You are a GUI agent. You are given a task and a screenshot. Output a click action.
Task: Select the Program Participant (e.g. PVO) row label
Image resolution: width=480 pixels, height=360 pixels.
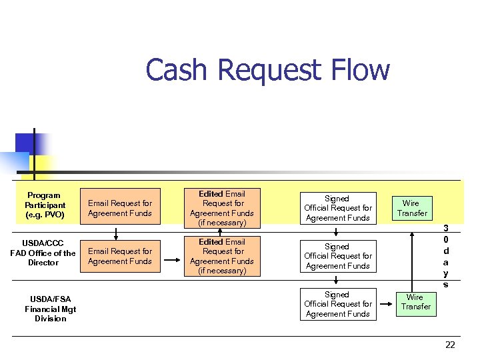45,205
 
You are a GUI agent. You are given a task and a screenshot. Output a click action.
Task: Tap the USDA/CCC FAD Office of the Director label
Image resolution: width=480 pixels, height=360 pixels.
43,253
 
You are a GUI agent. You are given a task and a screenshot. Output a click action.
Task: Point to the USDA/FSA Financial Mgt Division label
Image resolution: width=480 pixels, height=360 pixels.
51,309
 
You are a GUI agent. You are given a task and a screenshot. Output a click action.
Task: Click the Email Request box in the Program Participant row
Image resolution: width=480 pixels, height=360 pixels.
120,208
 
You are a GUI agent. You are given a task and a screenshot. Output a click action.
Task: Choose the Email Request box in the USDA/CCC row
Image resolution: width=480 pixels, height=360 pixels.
120,256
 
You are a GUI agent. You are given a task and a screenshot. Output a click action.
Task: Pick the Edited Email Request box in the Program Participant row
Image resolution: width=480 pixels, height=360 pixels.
222,208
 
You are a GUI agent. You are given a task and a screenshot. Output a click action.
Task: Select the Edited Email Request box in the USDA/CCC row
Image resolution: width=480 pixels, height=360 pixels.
222,256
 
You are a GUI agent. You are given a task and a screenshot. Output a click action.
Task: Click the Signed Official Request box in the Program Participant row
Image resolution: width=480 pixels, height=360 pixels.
337,208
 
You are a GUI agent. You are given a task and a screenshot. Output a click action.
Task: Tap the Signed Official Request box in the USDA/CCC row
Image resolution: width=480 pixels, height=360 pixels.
337,256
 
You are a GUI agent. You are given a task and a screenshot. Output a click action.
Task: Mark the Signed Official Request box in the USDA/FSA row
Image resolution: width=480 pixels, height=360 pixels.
337,304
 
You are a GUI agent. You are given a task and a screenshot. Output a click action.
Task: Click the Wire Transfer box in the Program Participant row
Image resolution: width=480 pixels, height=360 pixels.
411,208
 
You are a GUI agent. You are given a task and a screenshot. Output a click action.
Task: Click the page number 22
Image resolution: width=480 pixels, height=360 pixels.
450,345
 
